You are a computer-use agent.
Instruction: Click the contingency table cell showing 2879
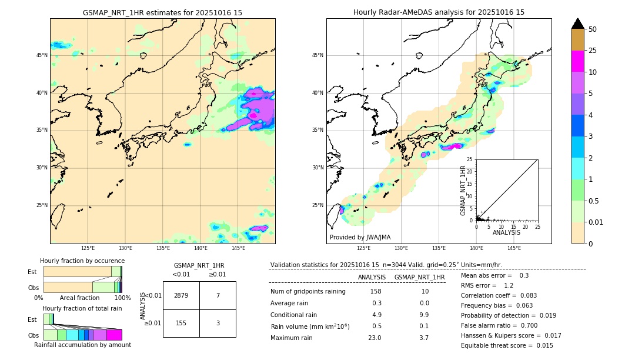pyautogui.click(x=181, y=295)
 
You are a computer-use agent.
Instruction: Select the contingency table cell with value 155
pyautogui.click(x=181, y=323)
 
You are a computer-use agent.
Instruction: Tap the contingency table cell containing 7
pyautogui.click(x=218, y=295)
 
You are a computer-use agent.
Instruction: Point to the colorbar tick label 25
pyautogui.click(x=593, y=51)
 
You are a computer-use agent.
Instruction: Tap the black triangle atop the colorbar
pyautogui.click(x=578, y=24)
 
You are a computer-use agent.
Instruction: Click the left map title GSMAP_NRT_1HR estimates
pyautogui.click(x=162, y=12)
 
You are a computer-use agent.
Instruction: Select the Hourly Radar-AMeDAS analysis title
pyautogui.click(x=439, y=12)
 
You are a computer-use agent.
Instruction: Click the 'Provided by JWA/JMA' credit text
pyautogui.click(x=360, y=237)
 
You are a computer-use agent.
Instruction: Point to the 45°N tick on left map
pyautogui.click(x=41, y=55)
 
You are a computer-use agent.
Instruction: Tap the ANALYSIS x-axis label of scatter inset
pyautogui.click(x=506, y=232)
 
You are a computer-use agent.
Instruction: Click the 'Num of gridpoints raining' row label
pyautogui.click(x=308, y=292)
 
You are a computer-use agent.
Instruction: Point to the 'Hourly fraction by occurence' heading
pyautogui.click(x=82, y=261)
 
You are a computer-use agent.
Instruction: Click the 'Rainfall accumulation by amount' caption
pyautogui.click(x=82, y=345)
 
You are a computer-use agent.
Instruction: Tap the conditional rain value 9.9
pyautogui.click(x=424, y=315)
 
